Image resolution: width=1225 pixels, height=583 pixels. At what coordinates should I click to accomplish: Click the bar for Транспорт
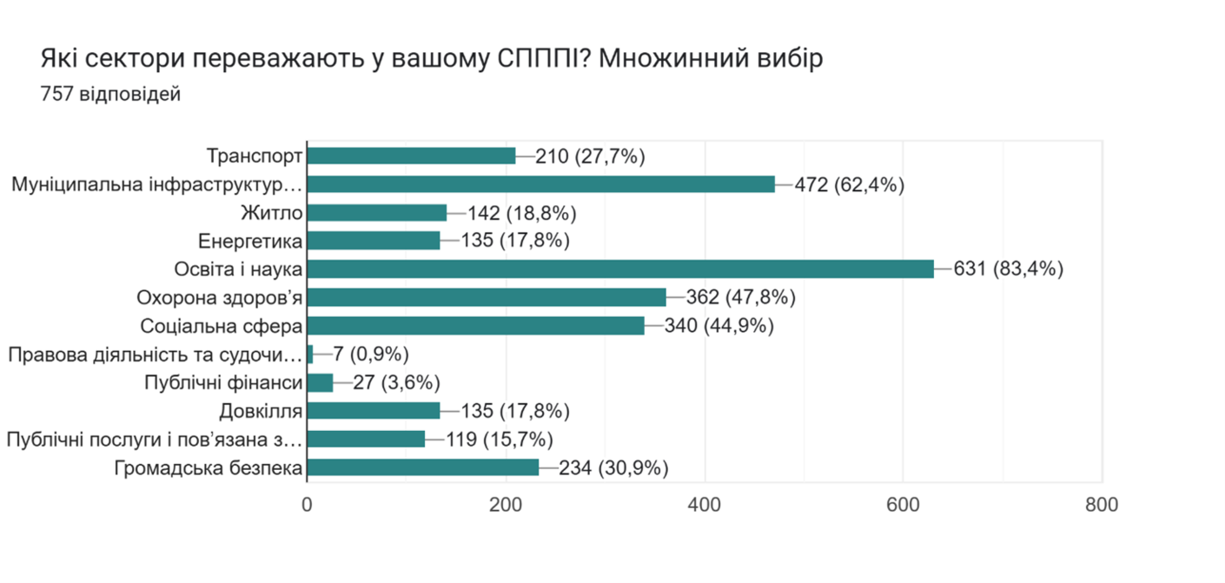click(412, 156)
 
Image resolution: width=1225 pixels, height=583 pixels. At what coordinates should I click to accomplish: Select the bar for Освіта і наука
click(620, 269)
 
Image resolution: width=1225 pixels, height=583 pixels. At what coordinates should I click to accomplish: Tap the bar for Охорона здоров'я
click(487, 298)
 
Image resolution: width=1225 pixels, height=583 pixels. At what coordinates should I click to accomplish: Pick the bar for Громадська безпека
click(423, 468)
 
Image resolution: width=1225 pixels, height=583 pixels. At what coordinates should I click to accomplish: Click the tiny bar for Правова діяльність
click(310, 354)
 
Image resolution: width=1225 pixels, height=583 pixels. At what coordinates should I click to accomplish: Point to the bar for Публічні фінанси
click(321, 383)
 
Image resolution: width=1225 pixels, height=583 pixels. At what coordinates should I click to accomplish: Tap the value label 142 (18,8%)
click(522, 213)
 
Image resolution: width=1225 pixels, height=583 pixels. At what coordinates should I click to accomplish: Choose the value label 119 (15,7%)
click(500, 440)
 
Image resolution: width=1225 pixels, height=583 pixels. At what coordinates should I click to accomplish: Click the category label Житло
click(271, 213)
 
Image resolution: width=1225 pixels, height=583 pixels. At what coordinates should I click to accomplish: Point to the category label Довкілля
click(262, 411)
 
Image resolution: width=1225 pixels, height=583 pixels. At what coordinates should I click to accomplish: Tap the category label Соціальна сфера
click(222, 326)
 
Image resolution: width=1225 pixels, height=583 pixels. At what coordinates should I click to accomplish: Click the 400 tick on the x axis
click(705, 505)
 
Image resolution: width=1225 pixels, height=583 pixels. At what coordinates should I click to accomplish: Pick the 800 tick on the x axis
click(1101, 505)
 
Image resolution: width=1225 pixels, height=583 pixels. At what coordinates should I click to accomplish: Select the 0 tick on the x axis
click(308, 505)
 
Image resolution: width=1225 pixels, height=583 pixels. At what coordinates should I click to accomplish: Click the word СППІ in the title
click(545, 60)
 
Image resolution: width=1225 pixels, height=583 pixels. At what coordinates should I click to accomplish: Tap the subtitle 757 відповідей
click(110, 94)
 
